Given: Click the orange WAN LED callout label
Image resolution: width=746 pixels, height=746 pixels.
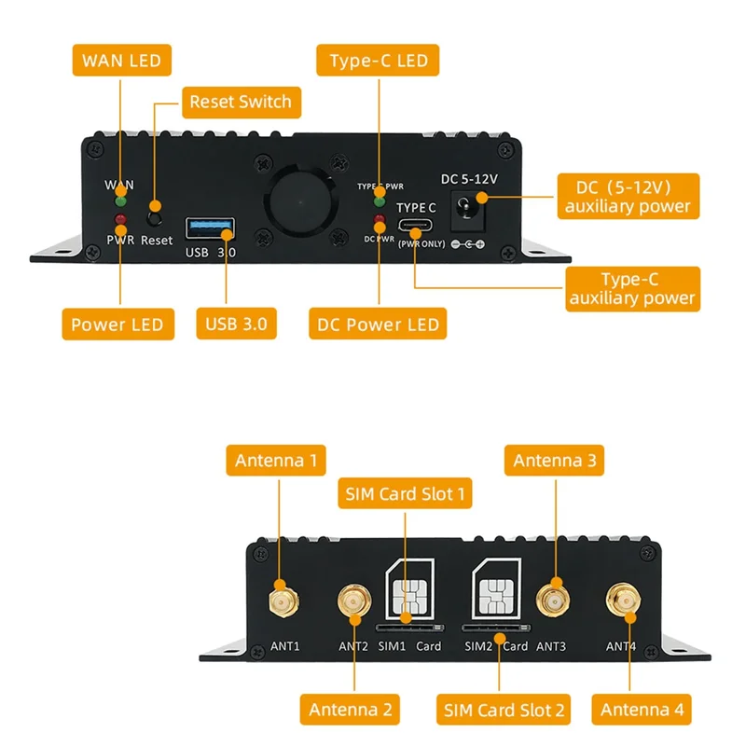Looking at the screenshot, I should tap(122, 61).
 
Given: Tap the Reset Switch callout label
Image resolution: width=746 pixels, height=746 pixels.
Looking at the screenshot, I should tap(241, 102).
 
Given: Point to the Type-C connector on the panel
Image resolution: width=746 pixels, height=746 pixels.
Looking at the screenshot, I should tap(416, 228).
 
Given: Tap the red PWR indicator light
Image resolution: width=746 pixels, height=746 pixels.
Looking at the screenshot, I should tap(119, 221).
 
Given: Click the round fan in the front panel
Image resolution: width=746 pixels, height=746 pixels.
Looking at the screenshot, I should tap(300, 200).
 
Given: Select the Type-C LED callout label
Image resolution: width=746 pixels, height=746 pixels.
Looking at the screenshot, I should tap(379, 61).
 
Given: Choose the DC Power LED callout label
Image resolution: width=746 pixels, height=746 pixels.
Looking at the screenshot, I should tap(379, 325).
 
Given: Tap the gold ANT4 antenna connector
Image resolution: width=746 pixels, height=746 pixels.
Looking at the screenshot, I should tap(622, 601).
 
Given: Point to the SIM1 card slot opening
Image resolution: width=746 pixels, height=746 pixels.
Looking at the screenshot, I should tap(407, 629).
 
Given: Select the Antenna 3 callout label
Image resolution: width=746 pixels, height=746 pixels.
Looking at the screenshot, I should tap(558, 460).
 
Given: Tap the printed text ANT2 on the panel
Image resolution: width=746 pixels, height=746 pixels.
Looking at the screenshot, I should tap(353, 645).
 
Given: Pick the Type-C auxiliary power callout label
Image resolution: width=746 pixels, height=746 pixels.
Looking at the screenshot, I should tap(631, 288).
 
